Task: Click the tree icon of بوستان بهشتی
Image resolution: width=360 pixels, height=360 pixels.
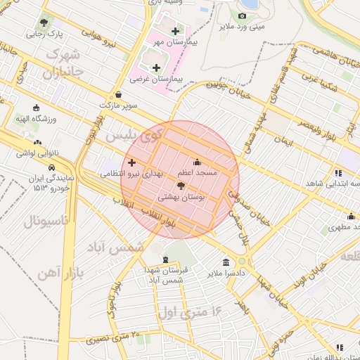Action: tap(181, 186)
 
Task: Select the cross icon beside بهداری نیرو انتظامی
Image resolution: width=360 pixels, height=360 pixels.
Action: tap(131, 162)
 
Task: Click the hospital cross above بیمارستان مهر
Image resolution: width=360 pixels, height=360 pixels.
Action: tap(175, 31)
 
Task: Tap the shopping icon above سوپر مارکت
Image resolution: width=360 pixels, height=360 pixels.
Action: tap(117, 94)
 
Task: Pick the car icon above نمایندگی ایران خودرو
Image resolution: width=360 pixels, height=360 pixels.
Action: tap(52, 167)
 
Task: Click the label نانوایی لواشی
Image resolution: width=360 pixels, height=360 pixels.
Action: tap(32, 153)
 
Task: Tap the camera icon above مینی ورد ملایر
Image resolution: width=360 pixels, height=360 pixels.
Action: tap(243, 15)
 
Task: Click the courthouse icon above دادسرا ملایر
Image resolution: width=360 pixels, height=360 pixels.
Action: tap(225, 262)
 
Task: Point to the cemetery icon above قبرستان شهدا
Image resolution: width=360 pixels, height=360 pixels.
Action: tap(165, 259)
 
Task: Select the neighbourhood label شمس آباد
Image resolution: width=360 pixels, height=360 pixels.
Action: tap(115, 247)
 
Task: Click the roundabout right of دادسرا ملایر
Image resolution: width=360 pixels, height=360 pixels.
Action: tap(243, 262)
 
